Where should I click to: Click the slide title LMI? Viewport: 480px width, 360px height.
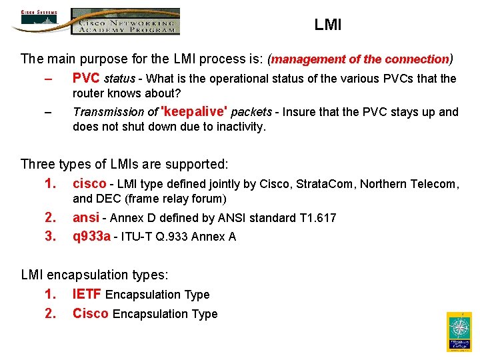[327, 25]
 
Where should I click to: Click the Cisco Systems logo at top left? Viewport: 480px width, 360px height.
[39, 19]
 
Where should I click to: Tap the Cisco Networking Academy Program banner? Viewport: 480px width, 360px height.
[126, 21]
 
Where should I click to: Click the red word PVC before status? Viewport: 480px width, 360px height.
[87, 79]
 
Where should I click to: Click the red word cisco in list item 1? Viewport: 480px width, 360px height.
[89, 184]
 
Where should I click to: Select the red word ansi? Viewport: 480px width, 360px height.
[86, 218]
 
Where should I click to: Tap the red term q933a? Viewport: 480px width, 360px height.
[91, 237]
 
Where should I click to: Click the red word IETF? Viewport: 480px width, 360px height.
[87, 295]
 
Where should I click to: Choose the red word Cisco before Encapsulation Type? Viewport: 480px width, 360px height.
[91, 314]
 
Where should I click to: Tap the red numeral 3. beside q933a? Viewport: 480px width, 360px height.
[50, 237]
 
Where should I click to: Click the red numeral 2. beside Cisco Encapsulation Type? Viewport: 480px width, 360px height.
[50, 314]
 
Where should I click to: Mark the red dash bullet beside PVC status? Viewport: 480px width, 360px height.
[47, 79]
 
